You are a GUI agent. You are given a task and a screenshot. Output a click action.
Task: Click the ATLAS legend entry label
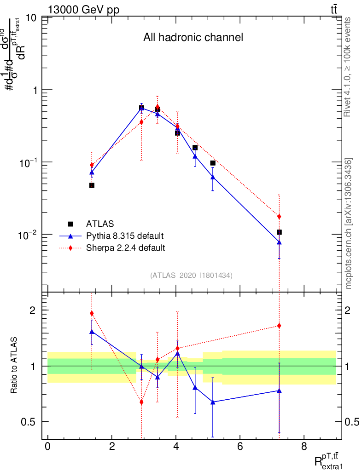pos(100,224)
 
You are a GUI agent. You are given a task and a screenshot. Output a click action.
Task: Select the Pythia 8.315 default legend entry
pos(125,236)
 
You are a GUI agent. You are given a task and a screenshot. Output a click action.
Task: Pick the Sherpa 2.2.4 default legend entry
pos(126,248)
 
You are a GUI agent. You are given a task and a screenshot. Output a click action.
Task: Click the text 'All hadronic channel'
pos(193,38)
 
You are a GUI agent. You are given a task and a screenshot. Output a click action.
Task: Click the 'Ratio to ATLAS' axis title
pos(14,365)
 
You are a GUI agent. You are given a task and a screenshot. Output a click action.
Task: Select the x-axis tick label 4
pos(176,447)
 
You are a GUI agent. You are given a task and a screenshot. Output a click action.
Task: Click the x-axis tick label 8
pos(304,447)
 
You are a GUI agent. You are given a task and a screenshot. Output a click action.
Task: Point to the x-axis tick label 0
pos(47,447)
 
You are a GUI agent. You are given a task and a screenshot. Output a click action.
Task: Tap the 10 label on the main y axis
pos(32,18)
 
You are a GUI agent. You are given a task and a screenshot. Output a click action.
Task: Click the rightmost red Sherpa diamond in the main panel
pos(279,217)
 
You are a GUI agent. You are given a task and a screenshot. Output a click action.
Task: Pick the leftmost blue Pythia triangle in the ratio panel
pos(92,332)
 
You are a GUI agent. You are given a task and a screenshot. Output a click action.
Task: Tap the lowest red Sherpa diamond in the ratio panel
pos(141,402)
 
